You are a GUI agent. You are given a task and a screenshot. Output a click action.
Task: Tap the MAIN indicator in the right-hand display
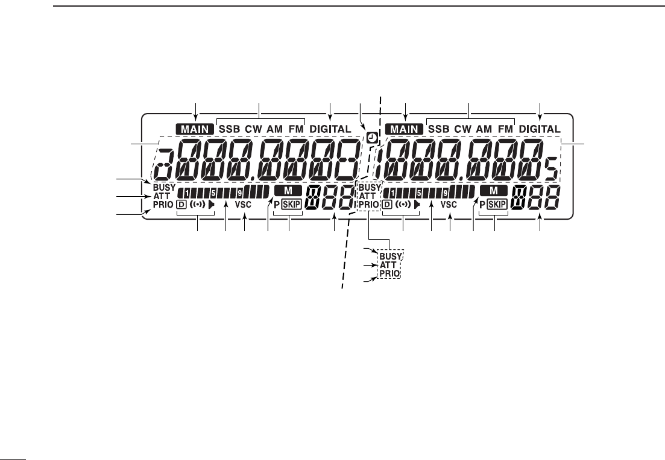(x=405, y=129)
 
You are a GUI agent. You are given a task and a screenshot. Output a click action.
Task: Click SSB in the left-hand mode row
(x=229, y=129)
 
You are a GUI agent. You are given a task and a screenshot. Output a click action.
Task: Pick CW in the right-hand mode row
(x=462, y=129)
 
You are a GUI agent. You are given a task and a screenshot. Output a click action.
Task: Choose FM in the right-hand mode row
(x=505, y=129)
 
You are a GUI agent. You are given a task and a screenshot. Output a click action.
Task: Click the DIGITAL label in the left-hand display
(x=330, y=129)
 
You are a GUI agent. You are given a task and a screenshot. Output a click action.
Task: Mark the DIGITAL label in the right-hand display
(x=540, y=129)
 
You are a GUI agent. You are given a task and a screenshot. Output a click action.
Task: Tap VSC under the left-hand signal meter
(x=243, y=205)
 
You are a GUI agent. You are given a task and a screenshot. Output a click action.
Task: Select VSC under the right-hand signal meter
(x=449, y=205)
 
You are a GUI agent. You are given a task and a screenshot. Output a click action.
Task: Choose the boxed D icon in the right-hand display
(x=388, y=205)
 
